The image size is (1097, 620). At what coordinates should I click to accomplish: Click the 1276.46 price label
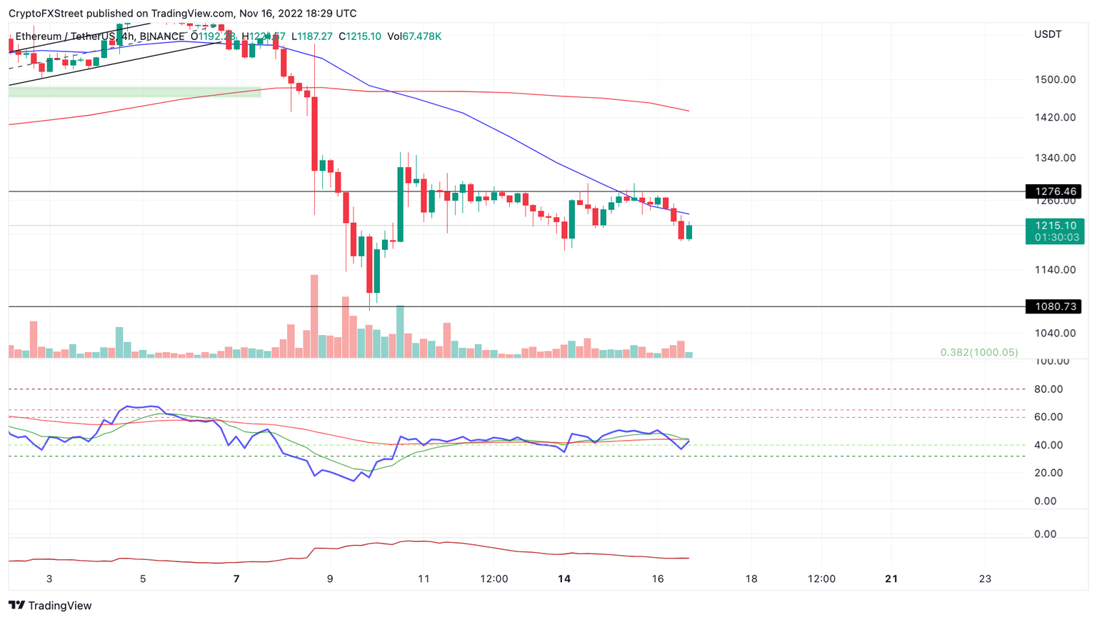pos(1053,191)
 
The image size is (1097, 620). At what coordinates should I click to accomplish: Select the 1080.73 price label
pos(1053,306)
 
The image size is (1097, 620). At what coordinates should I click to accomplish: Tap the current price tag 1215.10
pos(1055,226)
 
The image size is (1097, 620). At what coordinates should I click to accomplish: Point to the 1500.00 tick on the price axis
pos(1055,79)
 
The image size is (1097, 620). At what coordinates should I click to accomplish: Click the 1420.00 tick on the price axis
pos(1055,117)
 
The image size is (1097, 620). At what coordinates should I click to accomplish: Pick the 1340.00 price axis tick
pos(1055,158)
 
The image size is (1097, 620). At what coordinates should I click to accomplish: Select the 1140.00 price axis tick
pos(1055,270)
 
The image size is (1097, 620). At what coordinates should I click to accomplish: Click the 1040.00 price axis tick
pos(1055,333)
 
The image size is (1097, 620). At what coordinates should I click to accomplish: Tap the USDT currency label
pos(1048,34)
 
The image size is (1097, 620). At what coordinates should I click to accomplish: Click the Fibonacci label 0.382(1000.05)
pos(978,352)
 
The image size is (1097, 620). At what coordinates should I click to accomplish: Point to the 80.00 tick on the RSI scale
pos(1048,389)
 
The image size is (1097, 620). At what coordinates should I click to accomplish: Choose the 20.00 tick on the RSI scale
pos(1048,473)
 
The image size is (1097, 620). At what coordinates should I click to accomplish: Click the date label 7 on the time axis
pos(236,579)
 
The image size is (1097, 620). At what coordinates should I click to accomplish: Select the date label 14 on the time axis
pos(564,579)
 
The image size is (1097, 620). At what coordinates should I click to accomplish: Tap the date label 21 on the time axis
pos(891,579)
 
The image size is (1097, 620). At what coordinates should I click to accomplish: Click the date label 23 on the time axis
pos(985,579)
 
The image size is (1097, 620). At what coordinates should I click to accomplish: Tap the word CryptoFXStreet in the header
pos(46,14)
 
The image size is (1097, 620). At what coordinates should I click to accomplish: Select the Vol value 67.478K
pos(421,36)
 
